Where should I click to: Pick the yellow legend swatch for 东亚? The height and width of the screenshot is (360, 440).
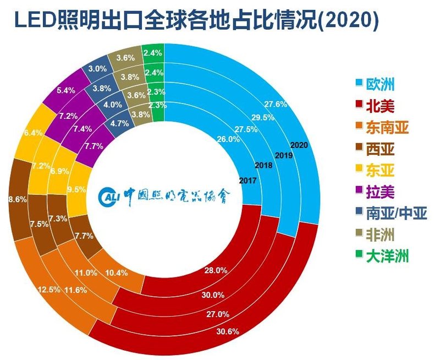coord(359,170)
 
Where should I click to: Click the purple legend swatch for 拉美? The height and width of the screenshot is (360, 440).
coord(359,192)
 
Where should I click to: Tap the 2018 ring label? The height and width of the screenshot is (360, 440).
coord(265,165)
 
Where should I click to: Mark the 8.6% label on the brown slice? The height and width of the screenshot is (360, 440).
coord(16,200)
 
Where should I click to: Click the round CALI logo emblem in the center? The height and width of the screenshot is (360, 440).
coord(108,196)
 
